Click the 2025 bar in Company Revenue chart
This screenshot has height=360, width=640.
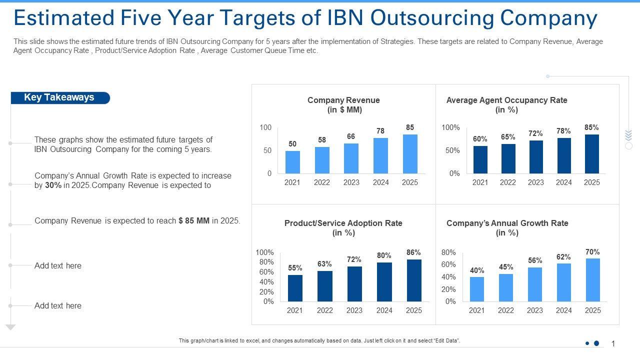tap(410, 154)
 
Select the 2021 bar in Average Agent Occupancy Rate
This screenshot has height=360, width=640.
tap(480, 160)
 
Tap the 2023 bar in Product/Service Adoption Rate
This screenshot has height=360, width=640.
tap(354, 284)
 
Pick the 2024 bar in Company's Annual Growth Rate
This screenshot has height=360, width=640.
tap(563, 282)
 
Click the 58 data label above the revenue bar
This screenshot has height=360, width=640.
tap(321, 140)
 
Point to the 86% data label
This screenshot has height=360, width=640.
tap(413, 252)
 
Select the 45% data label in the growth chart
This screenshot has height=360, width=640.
tap(506, 267)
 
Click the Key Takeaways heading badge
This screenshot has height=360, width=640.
tap(59, 97)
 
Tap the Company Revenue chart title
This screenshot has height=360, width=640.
tap(343, 105)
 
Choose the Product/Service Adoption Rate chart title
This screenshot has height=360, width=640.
tap(343, 228)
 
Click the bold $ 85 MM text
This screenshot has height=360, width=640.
tap(194, 220)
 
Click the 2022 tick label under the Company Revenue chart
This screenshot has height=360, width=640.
tap(321, 182)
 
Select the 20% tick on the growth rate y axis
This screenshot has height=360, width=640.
tap(449, 289)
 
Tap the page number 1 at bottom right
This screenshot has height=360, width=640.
tap(613, 343)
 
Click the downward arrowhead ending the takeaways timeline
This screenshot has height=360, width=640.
tap(10, 327)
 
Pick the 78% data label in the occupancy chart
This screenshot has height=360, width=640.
tap(563, 131)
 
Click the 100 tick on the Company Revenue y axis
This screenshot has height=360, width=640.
tap(265, 127)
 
